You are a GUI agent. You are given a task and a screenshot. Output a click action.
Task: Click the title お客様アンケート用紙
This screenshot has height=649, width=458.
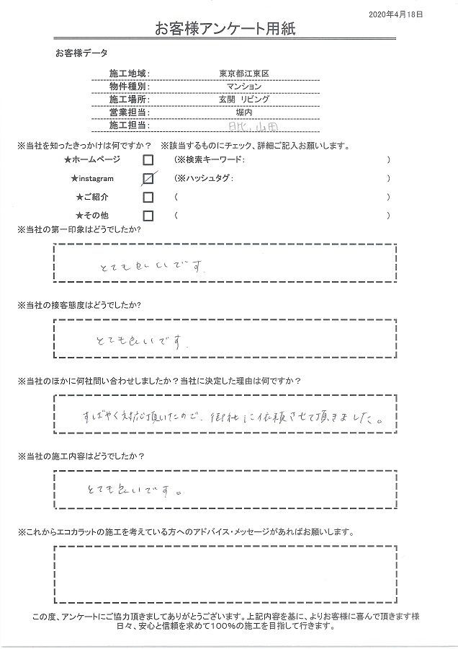tap(225, 29)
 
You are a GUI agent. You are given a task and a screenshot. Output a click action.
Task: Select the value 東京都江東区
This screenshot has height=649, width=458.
tap(243, 74)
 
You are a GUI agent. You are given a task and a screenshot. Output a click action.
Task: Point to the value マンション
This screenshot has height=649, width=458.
tap(243, 87)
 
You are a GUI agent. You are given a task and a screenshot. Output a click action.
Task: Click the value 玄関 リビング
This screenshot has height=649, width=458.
tap(243, 100)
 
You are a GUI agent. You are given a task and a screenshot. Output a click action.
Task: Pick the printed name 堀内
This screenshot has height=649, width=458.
tap(243, 112)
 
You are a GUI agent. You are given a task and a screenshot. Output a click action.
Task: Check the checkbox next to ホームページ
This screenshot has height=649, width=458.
tap(148, 159)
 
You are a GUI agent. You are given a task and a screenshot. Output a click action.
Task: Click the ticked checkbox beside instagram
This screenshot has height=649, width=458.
tap(148, 178)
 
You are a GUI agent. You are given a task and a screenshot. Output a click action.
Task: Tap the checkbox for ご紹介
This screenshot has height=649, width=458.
tap(148, 197)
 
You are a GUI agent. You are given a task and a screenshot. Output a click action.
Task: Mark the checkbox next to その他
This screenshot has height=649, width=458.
tap(148, 216)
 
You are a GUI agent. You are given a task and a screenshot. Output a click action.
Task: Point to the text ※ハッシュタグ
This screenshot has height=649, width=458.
tap(205, 178)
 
